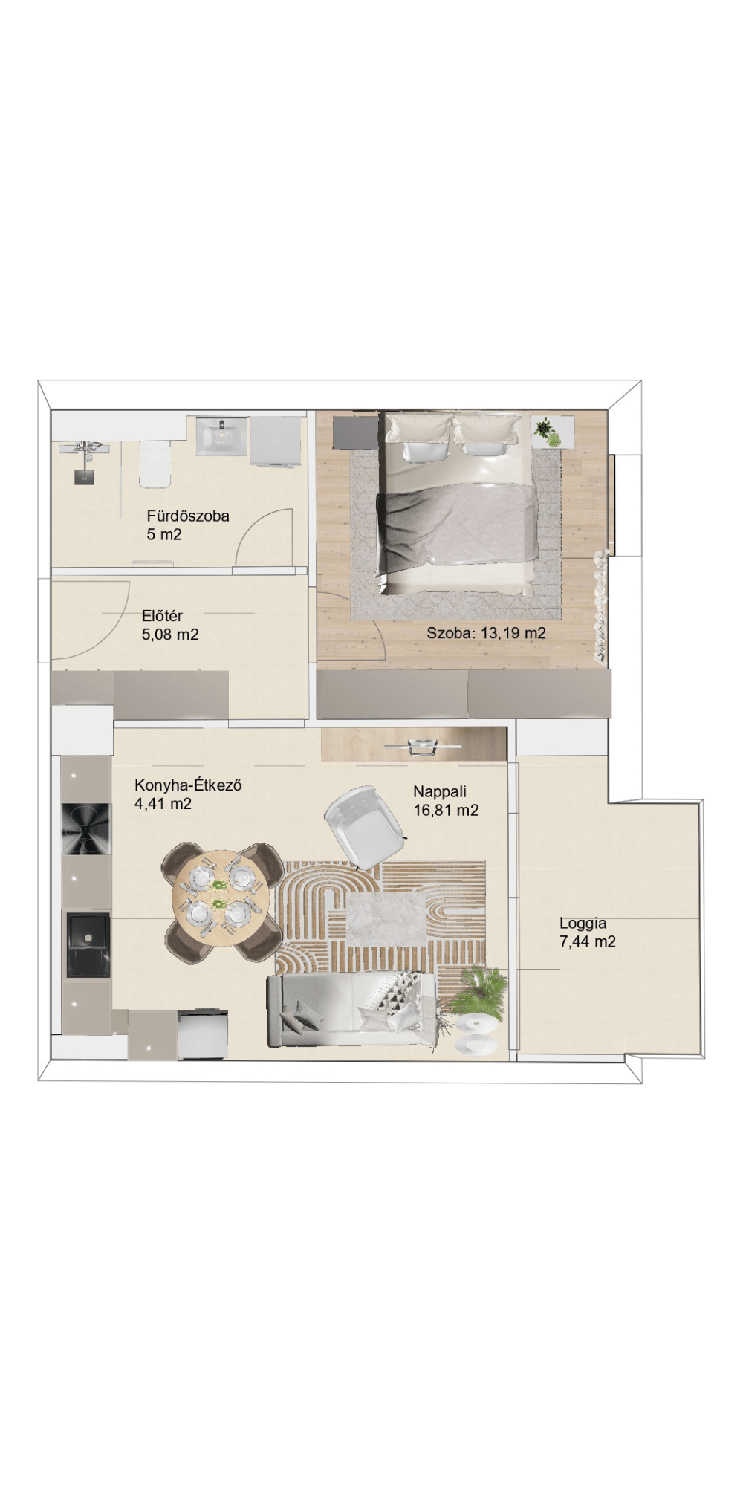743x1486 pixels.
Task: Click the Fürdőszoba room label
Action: point(188,516)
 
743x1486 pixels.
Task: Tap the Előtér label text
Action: point(162,616)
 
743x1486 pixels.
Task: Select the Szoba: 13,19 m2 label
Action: point(487,634)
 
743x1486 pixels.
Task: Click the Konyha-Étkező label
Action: point(188,785)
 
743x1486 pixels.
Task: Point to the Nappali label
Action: point(440,792)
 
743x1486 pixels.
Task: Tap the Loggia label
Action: point(583,924)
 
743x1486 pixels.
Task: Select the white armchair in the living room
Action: point(366,826)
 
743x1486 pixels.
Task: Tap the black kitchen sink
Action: point(88,944)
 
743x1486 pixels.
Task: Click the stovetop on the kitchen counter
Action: point(86,829)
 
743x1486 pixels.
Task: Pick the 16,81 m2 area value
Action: point(446,811)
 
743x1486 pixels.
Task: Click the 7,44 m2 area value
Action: point(588,942)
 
